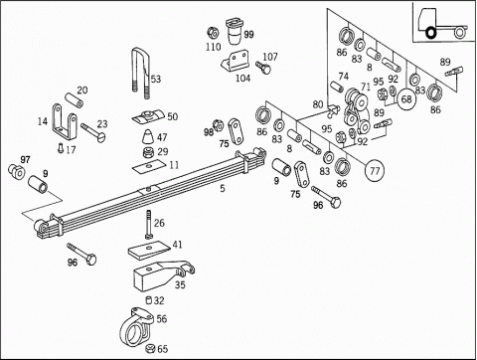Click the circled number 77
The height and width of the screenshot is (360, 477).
click(375, 171)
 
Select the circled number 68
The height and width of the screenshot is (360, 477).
click(406, 99)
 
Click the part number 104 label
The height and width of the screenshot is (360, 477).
click(242, 79)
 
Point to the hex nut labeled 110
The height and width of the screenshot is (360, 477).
click(212, 33)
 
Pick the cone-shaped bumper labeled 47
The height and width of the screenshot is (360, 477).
click(148, 137)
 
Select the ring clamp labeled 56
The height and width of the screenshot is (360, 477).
click(136, 326)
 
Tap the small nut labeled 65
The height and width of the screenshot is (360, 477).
click(150, 348)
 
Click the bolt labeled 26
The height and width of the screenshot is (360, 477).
click(148, 225)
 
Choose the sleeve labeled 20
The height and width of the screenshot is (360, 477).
click(74, 100)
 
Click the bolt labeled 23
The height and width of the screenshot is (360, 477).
click(93, 131)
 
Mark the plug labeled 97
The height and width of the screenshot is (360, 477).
click(16, 171)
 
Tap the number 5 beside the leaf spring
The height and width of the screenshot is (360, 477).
click(223, 189)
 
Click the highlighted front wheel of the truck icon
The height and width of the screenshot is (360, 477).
click(431, 33)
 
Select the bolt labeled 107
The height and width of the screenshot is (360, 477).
click(262, 68)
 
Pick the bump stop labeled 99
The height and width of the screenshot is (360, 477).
click(235, 31)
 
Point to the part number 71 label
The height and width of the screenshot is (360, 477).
click(366, 88)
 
